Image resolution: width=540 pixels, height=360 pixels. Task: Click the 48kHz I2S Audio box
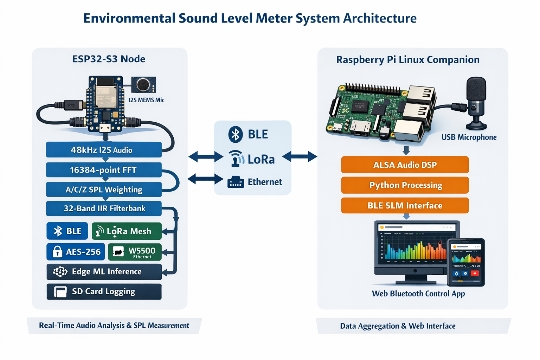coord(104,150)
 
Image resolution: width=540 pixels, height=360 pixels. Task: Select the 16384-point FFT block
coord(104,170)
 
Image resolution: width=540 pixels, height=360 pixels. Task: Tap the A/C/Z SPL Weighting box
coord(104,189)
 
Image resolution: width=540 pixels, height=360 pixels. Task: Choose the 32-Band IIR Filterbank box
coord(104,208)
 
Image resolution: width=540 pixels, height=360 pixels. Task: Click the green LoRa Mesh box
coord(127,231)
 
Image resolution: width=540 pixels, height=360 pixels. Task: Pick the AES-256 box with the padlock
coord(76,252)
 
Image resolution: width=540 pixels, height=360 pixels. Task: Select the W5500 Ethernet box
coord(135,252)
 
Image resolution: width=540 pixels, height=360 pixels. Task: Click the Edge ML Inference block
coord(104,272)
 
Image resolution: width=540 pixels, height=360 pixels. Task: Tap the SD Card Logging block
coord(104,291)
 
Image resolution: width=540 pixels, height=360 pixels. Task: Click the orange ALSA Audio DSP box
coord(405,165)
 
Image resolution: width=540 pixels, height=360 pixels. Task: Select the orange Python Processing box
coord(405,185)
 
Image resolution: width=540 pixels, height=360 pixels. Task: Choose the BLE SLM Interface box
coord(405,205)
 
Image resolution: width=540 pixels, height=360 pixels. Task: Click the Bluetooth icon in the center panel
coord(236,134)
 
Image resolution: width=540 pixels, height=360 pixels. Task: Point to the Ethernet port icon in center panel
coord(236,182)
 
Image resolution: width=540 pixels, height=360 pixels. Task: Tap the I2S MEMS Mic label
coord(146,100)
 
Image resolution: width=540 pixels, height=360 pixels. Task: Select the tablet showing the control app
coord(466,262)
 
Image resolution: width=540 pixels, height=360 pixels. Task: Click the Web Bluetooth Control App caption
coord(418,294)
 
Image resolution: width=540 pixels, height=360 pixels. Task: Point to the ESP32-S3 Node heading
coord(109,59)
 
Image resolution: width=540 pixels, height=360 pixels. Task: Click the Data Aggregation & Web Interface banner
coord(398,326)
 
